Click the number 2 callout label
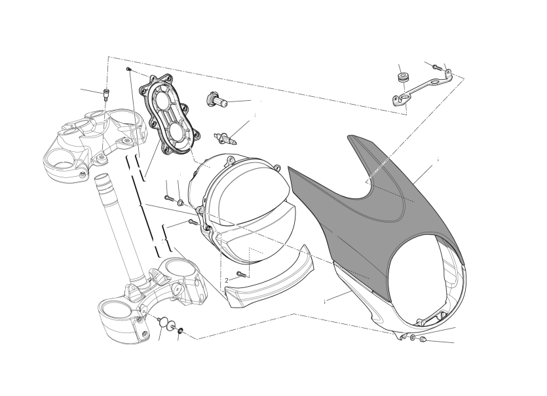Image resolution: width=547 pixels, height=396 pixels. pos(227,280)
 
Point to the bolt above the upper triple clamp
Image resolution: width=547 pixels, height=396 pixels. pos(105,94)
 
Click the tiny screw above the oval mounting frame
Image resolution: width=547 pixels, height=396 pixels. pos(128,69)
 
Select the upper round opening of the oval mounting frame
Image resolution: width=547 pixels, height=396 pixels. pos(162,99)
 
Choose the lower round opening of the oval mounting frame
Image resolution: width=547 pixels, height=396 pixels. pos(179,132)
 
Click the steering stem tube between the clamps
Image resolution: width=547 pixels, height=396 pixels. pos(117,226)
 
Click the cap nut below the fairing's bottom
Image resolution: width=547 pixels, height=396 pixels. pos(422,339)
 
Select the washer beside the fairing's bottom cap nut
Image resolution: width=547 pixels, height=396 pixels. pos(413,336)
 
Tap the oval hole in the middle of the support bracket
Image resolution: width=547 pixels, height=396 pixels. pos(435,82)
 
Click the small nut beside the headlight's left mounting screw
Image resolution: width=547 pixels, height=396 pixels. pos(180,202)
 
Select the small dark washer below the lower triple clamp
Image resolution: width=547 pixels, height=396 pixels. pos(181,330)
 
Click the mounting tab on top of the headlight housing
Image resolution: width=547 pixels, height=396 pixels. pos(230,160)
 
